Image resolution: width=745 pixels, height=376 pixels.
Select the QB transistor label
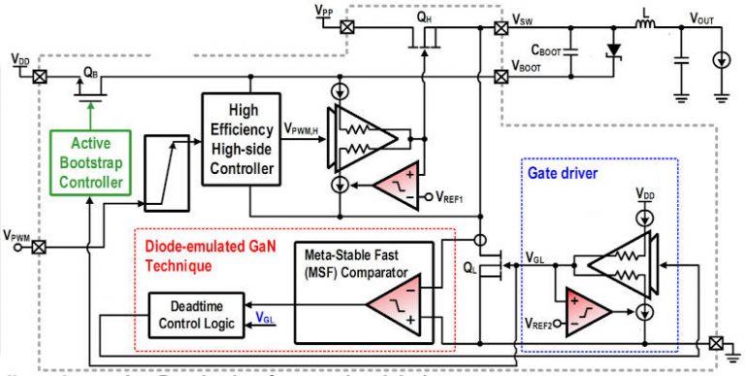(88, 71)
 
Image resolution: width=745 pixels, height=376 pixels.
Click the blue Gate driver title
(561, 172)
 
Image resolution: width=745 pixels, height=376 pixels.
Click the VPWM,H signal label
(307, 126)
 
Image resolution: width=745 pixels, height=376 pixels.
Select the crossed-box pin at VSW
(501, 29)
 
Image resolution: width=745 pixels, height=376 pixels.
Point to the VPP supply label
(325, 9)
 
